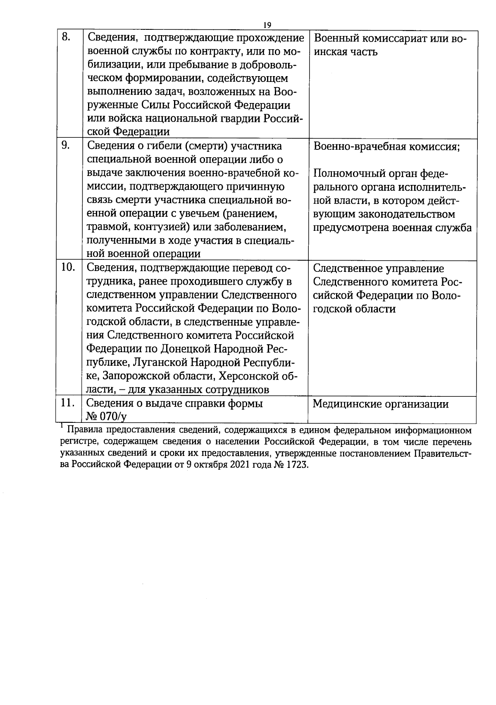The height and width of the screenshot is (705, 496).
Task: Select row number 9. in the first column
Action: tap(66, 145)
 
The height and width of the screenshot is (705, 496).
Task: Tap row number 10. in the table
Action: tap(68, 268)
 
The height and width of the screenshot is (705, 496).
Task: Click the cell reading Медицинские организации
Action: tap(381, 404)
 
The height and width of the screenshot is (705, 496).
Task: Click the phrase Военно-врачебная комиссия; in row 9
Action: tap(387, 147)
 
